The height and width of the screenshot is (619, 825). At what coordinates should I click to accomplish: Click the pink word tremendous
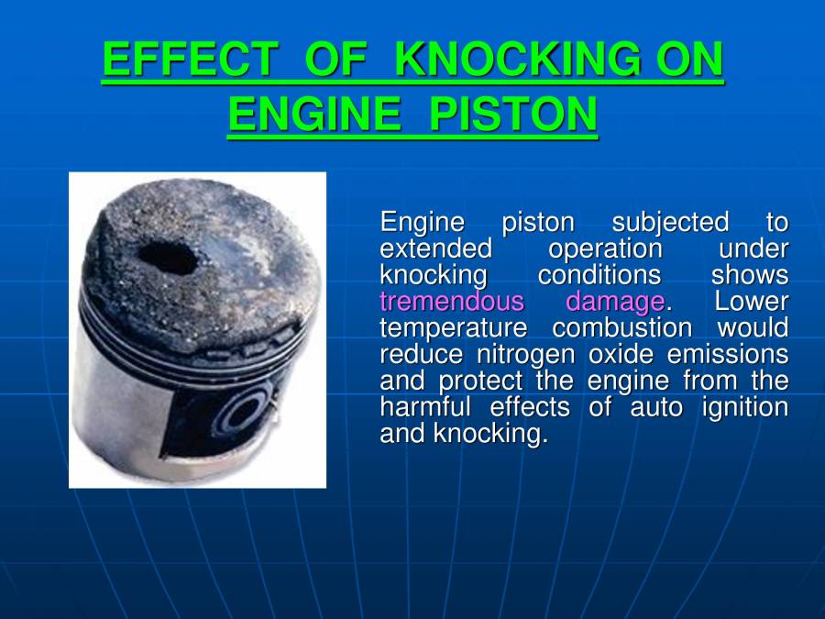pos(452,302)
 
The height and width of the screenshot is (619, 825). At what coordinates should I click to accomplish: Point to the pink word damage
pos(614,302)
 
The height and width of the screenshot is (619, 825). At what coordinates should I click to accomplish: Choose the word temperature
pos(453,328)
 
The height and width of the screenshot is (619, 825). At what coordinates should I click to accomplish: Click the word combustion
pos(622,328)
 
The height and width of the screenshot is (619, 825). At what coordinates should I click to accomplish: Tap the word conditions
pos(599,275)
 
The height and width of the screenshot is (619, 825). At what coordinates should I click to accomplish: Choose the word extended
pos(435,249)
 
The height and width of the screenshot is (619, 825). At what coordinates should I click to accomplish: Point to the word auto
pos(655,407)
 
